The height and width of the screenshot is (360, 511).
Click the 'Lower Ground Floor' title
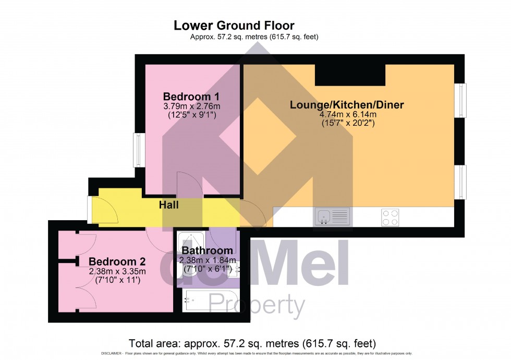(x=234, y=25)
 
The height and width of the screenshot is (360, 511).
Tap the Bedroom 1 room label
(x=191, y=97)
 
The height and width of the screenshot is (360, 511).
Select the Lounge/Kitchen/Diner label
(x=347, y=105)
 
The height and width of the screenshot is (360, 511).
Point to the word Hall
(x=168, y=205)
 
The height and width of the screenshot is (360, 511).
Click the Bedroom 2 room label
(x=117, y=261)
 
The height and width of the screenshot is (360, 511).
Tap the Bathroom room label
(x=207, y=251)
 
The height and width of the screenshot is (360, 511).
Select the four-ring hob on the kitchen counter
(x=391, y=217)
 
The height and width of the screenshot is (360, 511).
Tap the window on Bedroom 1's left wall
(x=139, y=150)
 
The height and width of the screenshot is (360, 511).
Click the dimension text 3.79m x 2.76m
(x=191, y=106)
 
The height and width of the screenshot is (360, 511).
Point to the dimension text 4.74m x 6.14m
(x=347, y=115)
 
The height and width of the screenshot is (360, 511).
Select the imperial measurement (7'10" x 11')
(x=117, y=280)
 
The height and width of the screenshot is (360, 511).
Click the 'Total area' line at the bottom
(x=252, y=343)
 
